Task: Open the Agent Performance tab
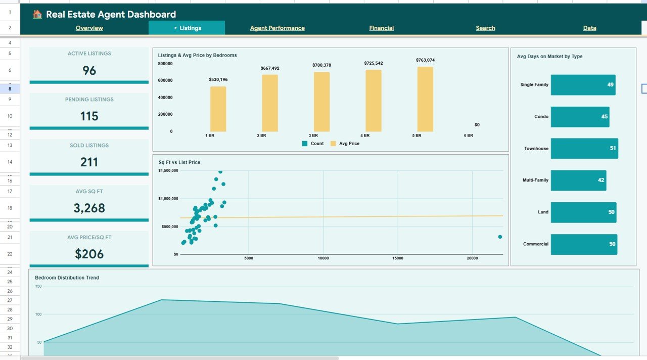277,28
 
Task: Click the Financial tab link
381,28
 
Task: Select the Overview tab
89,28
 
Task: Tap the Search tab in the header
485,28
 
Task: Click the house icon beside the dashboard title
37,14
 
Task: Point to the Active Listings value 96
89,71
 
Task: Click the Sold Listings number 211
89,162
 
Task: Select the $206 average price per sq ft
89,254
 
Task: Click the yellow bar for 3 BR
321,102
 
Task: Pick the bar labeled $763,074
425,99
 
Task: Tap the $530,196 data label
218,79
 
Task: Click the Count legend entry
313,144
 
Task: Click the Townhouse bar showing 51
584,149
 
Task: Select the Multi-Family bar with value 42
578,181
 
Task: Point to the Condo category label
541,117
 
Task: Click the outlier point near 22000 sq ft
500,237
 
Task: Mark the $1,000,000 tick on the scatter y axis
168,199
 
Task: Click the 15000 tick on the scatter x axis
398,258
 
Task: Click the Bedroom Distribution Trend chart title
67,278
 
